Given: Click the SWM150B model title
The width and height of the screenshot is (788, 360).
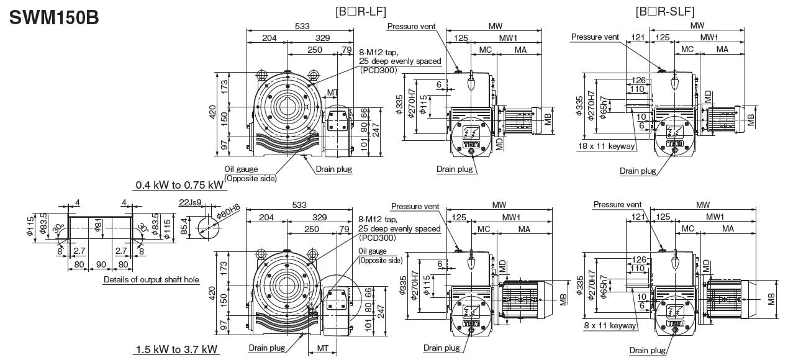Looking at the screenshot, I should (x=53, y=17).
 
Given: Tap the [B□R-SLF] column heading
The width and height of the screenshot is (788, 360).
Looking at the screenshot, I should (x=664, y=12).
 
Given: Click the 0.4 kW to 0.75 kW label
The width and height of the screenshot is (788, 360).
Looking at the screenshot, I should (x=180, y=185).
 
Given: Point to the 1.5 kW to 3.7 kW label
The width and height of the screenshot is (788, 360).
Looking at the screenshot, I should (x=176, y=350).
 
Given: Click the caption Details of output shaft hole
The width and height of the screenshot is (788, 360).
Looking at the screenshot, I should (x=152, y=280).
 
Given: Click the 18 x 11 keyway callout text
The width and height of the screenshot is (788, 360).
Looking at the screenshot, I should (x=605, y=146).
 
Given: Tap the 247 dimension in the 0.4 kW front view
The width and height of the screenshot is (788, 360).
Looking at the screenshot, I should (x=376, y=129).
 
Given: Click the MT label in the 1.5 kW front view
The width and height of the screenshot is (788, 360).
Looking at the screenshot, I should (x=323, y=348).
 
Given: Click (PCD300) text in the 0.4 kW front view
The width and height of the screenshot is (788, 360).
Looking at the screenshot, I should (x=378, y=70).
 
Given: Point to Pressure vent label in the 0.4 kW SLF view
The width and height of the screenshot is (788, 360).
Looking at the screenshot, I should (x=595, y=37).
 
